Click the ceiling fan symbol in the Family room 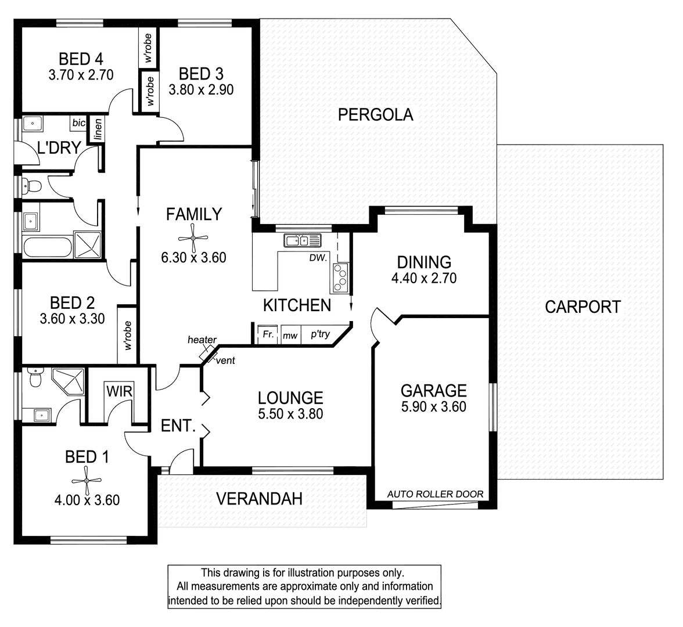click(193, 238)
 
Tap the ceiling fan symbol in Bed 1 click(87, 480)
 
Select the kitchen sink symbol click(302, 240)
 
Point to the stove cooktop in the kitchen click(340, 278)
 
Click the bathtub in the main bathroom click(48, 247)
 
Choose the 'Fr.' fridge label click(268, 334)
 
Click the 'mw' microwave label click(290, 336)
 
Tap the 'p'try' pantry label click(320, 334)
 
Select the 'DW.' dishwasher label click(318, 258)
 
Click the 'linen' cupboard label click(98, 129)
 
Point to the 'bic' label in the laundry click(79, 123)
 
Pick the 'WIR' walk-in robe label click(120, 391)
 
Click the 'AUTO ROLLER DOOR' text click(435, 494)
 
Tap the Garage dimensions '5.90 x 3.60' click(433, 406)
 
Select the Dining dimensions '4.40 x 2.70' click(424, 278)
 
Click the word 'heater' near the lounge click(202, 340)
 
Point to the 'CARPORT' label click(583, 307)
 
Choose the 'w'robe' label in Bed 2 click(128, 336)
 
